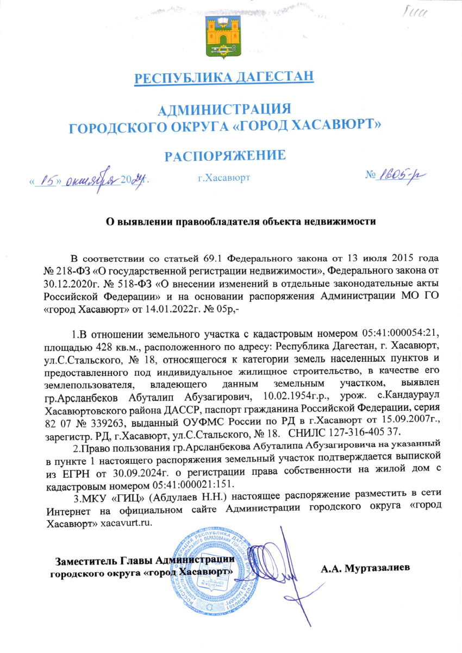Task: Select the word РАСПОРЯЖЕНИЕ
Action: pos(226,156)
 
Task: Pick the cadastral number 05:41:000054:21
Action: pos(400,332)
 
